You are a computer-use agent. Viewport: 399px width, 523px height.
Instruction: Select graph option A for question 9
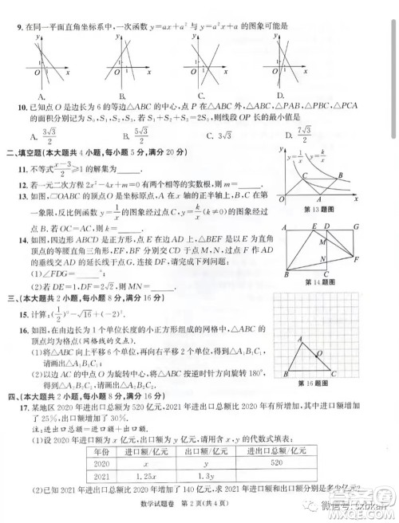point(40,96)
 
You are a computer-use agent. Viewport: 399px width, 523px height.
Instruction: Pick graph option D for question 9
point(279,96)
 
